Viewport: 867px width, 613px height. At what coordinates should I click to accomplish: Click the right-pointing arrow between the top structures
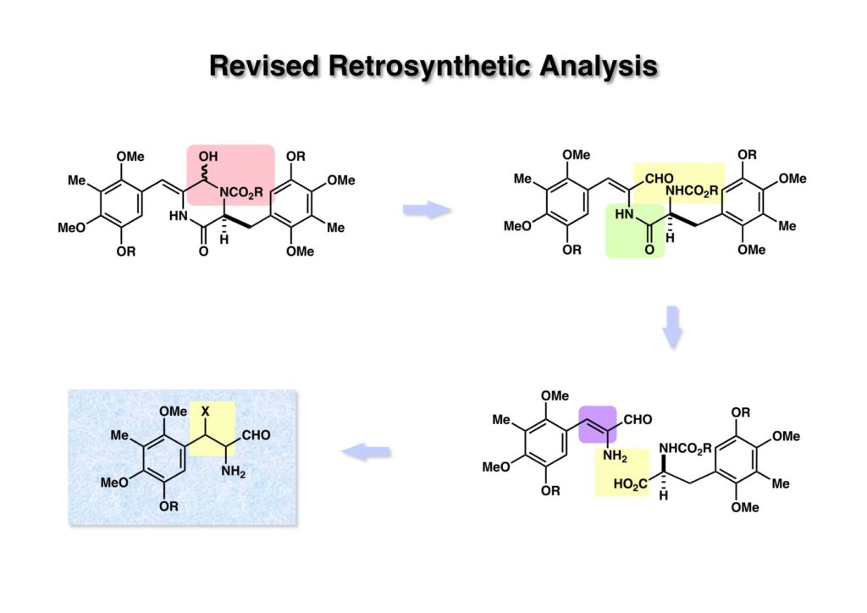click(x=427, y=210)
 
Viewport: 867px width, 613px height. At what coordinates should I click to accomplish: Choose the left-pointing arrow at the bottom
click(x=367, y=453)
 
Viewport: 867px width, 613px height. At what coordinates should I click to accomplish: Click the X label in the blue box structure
click(x=205, y=411)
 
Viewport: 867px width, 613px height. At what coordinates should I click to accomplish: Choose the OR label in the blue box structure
click(x=168, y=506)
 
